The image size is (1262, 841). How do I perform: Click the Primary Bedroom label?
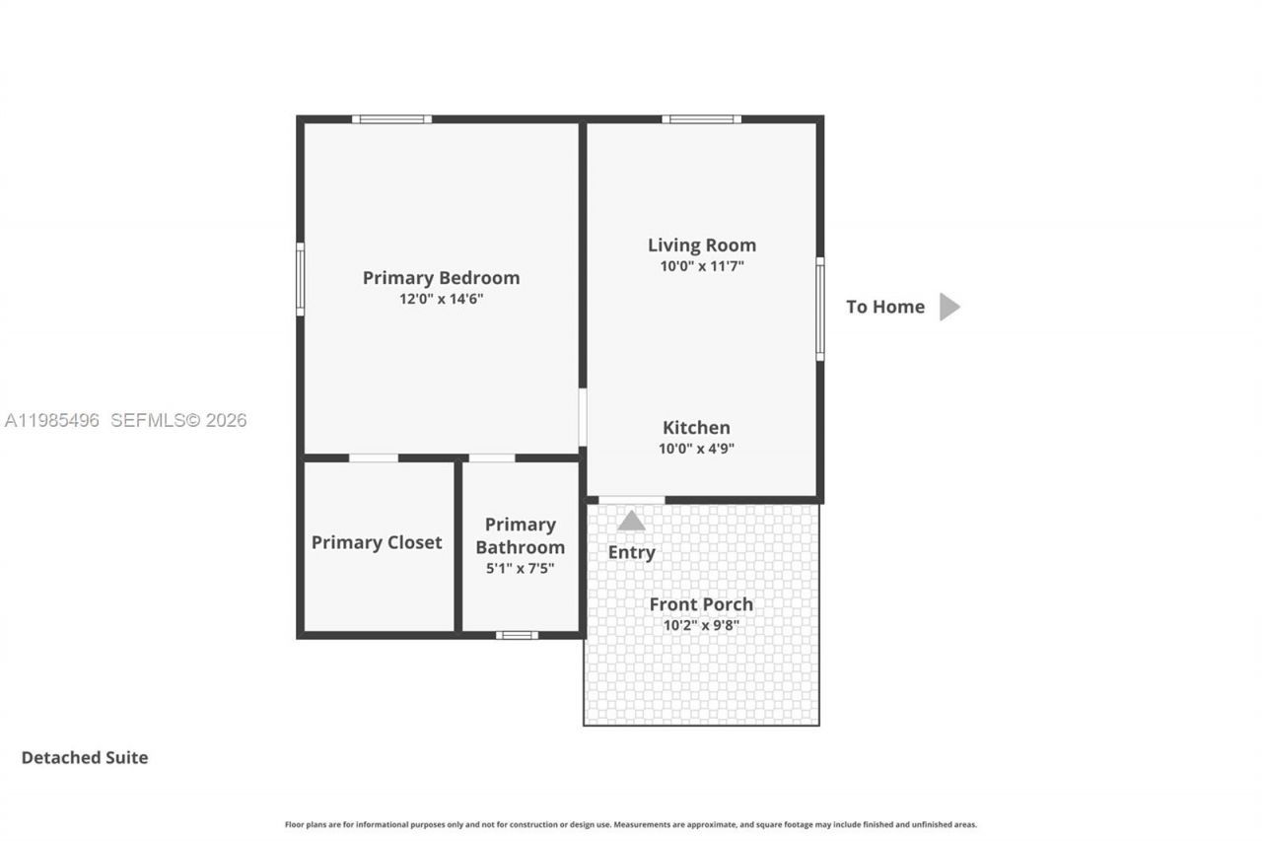(x=441, y=278)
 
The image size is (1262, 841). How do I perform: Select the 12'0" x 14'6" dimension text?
(x=441, y=299)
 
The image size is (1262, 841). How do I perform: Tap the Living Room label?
(x=701, y=245)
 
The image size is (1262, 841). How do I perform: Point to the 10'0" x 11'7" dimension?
(x=701, y=266)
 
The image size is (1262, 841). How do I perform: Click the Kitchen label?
(x=696, y=428)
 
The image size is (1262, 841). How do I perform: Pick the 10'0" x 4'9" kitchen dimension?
(x=696, y=449)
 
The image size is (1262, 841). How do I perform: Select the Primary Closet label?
(x=377, y=542)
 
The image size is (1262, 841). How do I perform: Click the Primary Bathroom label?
(x=520, y=535)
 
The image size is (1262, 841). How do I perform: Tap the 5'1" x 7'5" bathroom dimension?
(x=520, y=568)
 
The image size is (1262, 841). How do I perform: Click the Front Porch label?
(x=700, y=604)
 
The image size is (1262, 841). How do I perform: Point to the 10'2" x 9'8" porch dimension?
(x=700, y=625)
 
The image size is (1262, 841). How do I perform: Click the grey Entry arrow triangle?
(x=631, y=521)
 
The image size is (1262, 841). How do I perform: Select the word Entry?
(x=631, y=552)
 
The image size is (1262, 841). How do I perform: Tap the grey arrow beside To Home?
(x=948, y=307)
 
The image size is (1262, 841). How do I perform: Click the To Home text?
(x=884, y=307)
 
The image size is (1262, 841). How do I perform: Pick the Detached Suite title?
(x=85, y=757)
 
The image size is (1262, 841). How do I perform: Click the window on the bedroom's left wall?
(x=301, y=279)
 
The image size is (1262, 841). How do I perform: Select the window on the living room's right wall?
(x=819, y=309)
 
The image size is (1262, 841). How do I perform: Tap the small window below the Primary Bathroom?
(x=517, y=635)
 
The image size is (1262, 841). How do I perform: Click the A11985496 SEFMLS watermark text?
(x=125, y=420)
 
